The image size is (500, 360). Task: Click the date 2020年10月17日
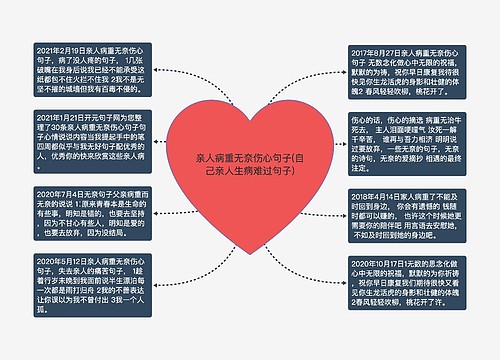coord(385,261)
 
